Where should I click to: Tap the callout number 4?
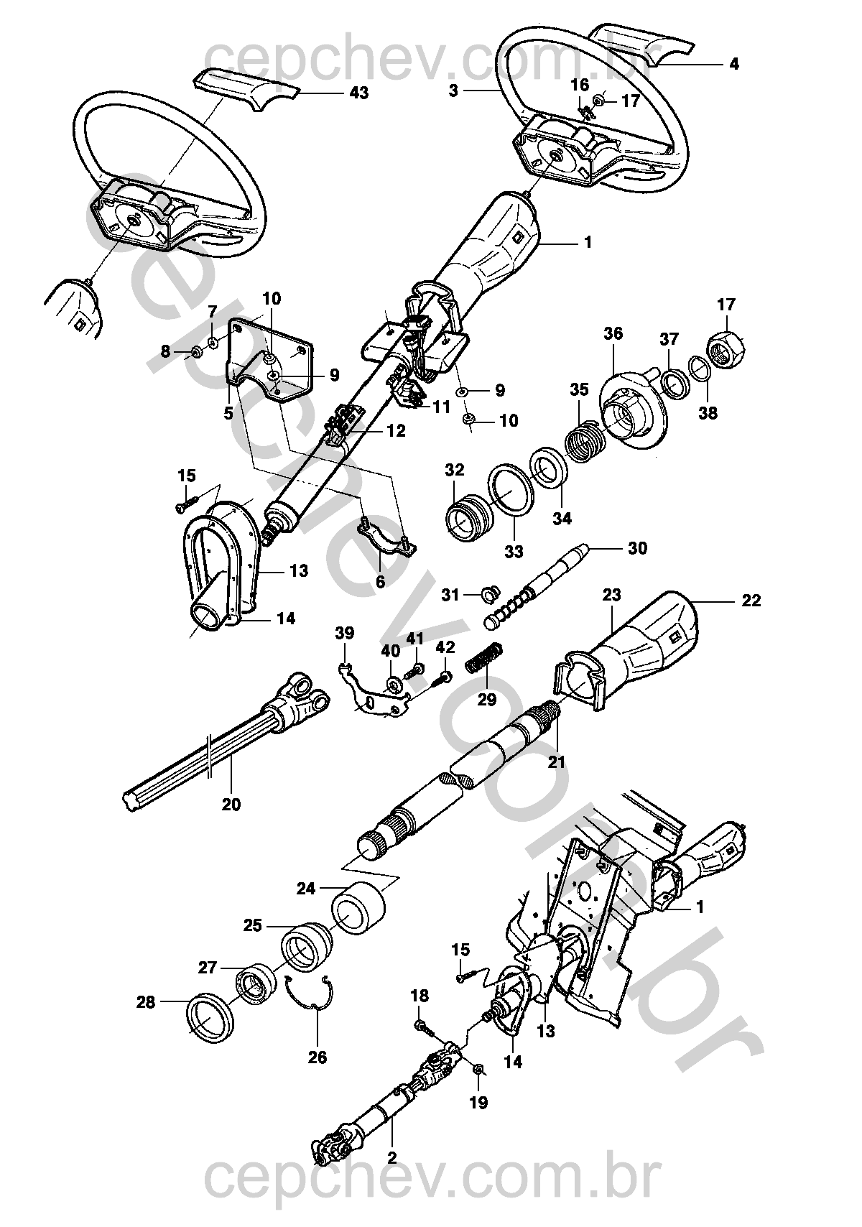(733, 64)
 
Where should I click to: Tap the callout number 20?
(231, 805)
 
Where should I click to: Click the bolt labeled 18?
(422, 1026)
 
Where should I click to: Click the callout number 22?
(751, 601)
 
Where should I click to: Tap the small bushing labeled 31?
(491, 593)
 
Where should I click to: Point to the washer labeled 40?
(393, 682)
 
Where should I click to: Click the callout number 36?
(613, 334)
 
